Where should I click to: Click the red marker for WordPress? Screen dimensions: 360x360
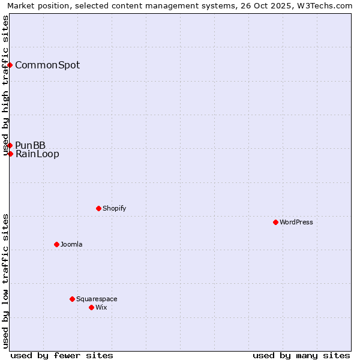275,222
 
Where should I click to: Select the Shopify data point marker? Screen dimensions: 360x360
98,208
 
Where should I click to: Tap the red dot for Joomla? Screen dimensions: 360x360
56,244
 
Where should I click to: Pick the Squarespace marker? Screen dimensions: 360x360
72,299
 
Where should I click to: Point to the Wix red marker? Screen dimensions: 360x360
91,307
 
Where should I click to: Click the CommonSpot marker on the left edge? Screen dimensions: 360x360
10,65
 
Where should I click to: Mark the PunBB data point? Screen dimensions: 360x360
10,145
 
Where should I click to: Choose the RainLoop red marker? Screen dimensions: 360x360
10,154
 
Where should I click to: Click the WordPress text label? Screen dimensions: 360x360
296,222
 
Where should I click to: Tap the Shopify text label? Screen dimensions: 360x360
115,208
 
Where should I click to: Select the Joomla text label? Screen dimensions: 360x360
71,244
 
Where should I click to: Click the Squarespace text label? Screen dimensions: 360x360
97,299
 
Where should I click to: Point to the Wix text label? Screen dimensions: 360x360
101,307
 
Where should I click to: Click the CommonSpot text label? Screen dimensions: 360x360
47,65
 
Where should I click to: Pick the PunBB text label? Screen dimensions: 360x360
31,145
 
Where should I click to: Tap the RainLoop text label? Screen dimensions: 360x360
37,154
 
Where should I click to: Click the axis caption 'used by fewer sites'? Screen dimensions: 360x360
62,355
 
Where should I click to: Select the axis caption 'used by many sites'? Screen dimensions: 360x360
301,355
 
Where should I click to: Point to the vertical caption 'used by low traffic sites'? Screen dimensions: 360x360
6,280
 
